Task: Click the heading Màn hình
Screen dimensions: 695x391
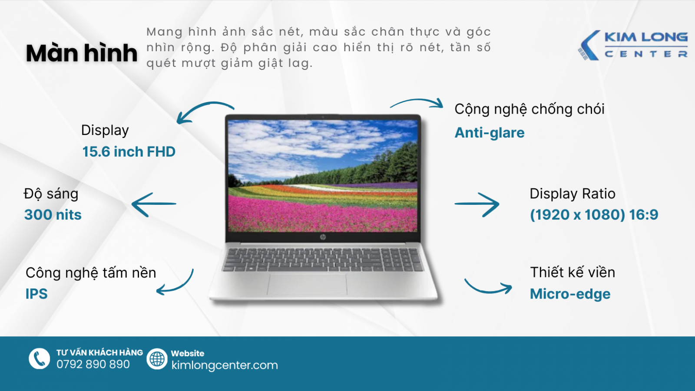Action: pyautogui.click(x=82, y=53)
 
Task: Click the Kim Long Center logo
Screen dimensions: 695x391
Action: pyautogui.click(x=632, y=45)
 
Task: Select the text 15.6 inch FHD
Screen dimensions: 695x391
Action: pyautogui.click(x=129, y=152)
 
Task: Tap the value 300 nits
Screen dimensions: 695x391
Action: pyautogui.click(x=53, y=214)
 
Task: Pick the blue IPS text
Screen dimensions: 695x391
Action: pyautogui.click(x=36, y=294)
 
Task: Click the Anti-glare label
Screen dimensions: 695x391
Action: pyautogui.click(x=489, y=133)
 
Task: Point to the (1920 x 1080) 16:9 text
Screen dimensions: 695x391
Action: pyautogui.click(x=594, y=214)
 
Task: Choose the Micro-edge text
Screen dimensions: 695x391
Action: pyautogui.click(x=570, y=294)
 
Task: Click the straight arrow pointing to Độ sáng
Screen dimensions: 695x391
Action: pyautogui.click(x=154, y=204)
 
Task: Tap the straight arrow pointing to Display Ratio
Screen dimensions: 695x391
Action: pyautogui.click(x=477, y=204)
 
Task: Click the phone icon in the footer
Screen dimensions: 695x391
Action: pyautogui.click(x=40, y=359)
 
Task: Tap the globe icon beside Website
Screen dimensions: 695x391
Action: pyautogui.click(x=157, y=359)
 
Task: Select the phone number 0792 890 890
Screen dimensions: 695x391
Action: pyautogui.click(x=93, y=365)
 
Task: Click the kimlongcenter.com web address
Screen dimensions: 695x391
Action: pyautogui.click(x=225, y=365)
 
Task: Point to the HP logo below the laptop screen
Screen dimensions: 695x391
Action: pyautogui.click(x=323, y=237)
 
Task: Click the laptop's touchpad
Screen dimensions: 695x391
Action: pyautogui.click(x=307, y=284)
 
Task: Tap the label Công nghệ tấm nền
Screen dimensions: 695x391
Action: pyautogui.click(x=91, y=273)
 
